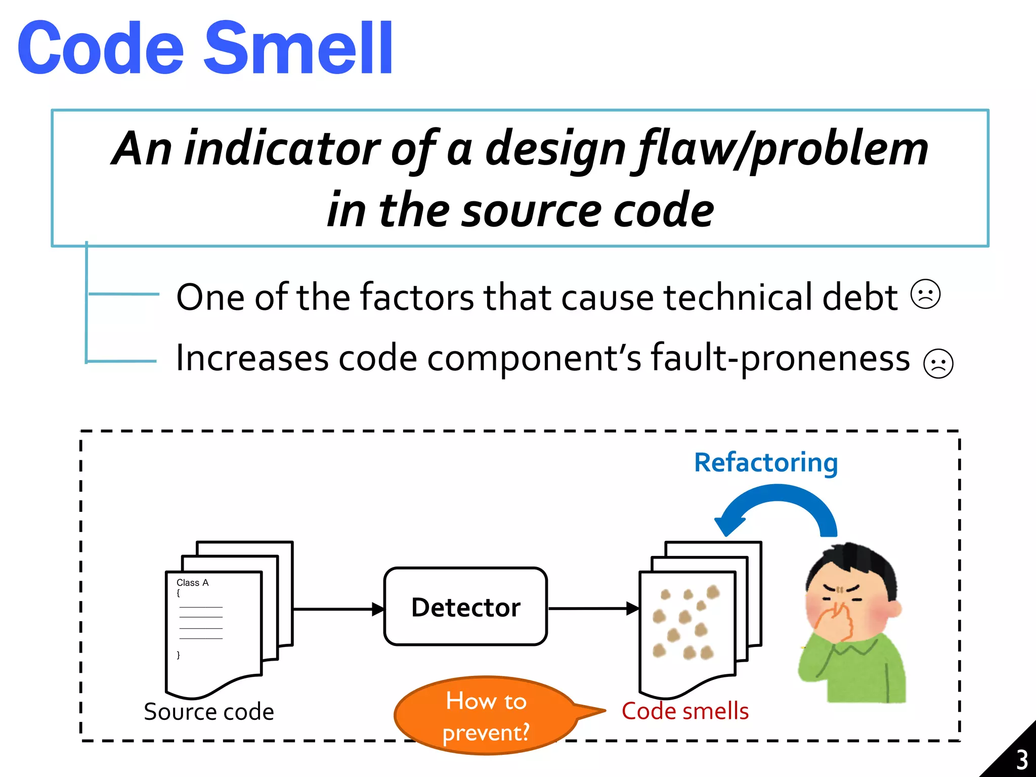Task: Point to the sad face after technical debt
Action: pos(925,294)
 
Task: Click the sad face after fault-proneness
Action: pos(938,363)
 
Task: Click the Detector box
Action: pos(465,607)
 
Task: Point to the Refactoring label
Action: pos(765,463)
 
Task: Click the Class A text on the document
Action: pos(192,583)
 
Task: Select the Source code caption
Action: pos(209,712)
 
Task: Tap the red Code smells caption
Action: pos(685,711)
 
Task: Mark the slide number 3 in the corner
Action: pos(1022,759)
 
